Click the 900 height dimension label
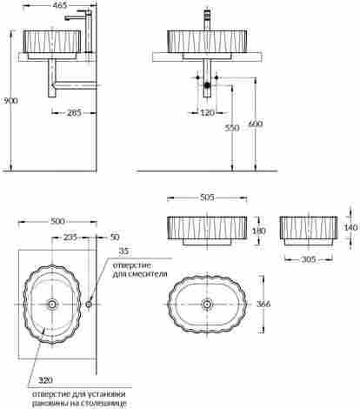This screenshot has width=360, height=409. (10, 101)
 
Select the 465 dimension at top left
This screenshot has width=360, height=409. (60, 5)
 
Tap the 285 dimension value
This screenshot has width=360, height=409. (74, 113)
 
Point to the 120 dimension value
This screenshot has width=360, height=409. (207, 112)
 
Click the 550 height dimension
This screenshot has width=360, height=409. (232, 128)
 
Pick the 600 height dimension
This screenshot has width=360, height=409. (256, 124)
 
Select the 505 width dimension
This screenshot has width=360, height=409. (207, 198)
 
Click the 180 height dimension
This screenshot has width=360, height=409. (258, 231)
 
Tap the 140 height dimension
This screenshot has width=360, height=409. (350, 227)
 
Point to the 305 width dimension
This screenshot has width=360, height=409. (309, 259)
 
